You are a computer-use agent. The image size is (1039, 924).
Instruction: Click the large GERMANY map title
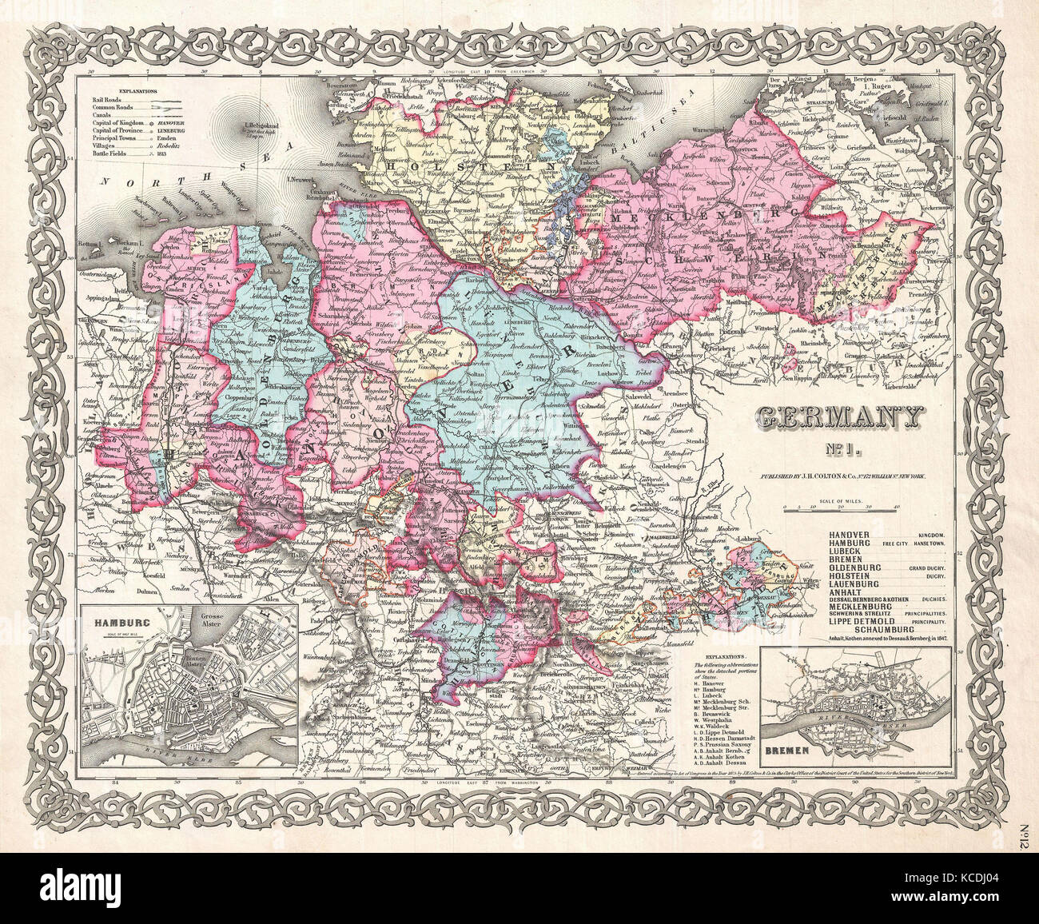pos(838,417)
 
